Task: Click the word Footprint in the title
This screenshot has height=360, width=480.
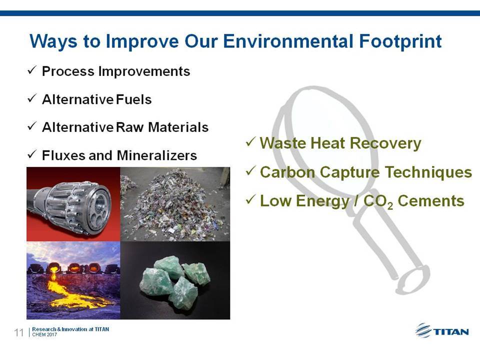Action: click(400, 41)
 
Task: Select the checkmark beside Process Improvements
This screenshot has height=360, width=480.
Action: click(32, 70)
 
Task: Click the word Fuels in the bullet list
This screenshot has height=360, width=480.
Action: click(134, 99)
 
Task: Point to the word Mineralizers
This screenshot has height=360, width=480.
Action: click(156, 155)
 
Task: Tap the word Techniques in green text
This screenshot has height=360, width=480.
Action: click(428, 172)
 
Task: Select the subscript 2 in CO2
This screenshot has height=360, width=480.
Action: click(390, 205)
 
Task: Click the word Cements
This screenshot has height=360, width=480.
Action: click(431, 201)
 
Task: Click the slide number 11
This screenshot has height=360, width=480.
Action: click(18, 332)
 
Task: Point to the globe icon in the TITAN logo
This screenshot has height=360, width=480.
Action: click(423, 330)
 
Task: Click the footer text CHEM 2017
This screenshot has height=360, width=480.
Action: click(44, 334)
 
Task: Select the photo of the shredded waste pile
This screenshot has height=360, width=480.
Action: click(175, 204)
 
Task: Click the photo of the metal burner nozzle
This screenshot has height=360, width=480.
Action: click(73, 204)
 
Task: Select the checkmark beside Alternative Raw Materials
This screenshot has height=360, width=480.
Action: click(32, 126)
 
